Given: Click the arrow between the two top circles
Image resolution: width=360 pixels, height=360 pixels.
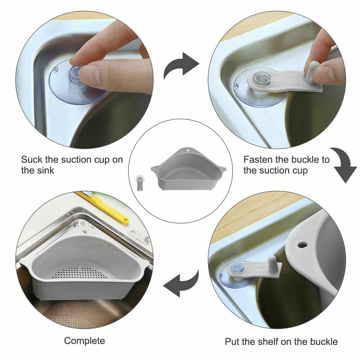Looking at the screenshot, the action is point(180,65).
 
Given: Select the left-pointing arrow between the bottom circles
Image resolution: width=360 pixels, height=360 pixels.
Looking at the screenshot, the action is point(181,285).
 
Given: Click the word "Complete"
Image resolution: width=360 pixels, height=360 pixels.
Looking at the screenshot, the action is point(84,341).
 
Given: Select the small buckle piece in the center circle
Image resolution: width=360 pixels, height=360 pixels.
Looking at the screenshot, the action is point(139,183).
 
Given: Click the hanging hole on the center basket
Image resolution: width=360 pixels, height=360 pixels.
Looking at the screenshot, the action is point(188,151).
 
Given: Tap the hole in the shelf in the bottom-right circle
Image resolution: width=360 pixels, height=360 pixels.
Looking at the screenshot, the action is point(302,245).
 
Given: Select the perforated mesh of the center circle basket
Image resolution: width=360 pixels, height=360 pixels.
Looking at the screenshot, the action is point(185,175).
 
